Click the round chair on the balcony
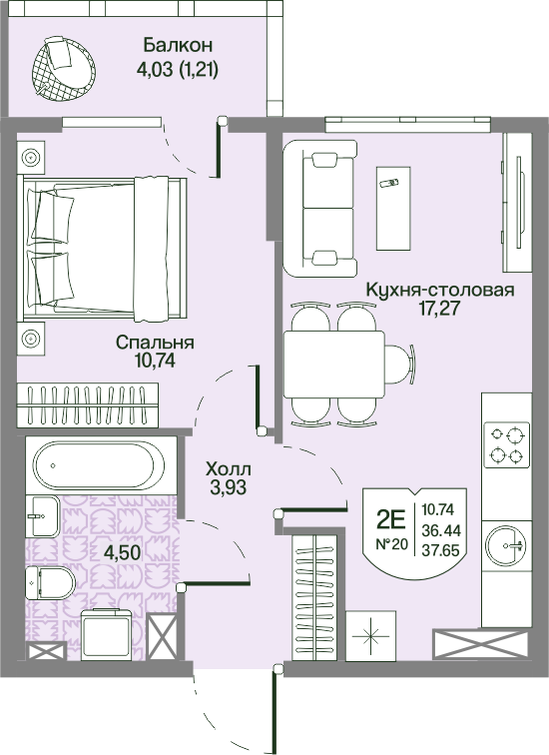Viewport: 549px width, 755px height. tap(64, 69)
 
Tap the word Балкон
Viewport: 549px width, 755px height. tap(178, 45)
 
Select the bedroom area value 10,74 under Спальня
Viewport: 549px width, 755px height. tap(155, 361)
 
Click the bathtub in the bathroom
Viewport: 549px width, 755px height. tap(99, 465)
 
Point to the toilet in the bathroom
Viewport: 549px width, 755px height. tap(50, 582)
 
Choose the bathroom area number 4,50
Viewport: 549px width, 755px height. tap(123, 552)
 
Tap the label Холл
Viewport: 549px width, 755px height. tap(228, 468)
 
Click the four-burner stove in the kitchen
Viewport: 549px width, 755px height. tap(507, 445)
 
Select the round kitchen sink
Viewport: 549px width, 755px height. tap(505, 545)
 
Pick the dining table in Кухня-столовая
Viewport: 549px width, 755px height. tap(334, 364)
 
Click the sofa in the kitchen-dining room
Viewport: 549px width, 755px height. tap(319, 209)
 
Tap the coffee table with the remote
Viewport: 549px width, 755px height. tap(393, 208)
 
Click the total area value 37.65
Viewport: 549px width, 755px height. tap(441, 549)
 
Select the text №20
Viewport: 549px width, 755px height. tap(391, 545)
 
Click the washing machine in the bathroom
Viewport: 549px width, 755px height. tap(107, 633)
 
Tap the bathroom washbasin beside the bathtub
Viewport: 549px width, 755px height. tap(43, 515)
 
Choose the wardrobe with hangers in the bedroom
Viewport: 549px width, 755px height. tap(88, 404)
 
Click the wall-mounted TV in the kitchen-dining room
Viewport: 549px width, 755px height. tap(519, 202)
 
